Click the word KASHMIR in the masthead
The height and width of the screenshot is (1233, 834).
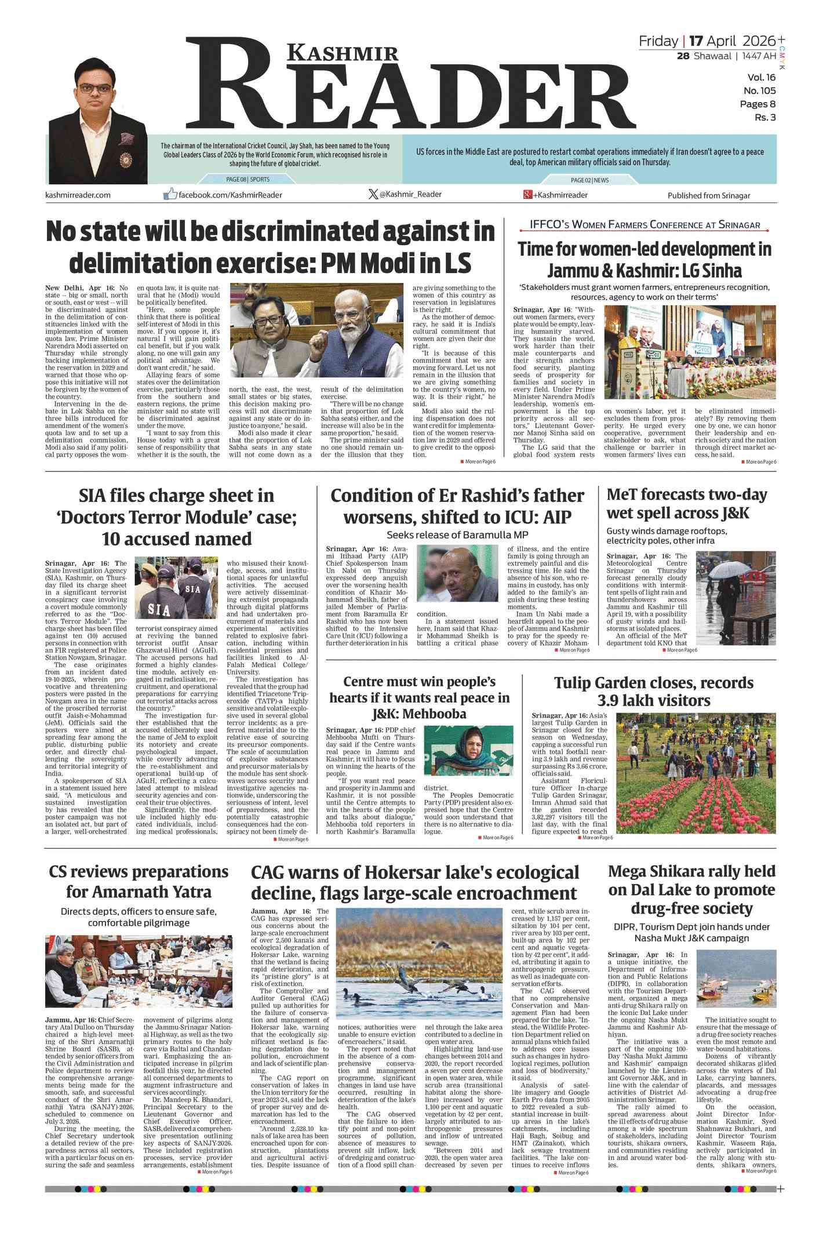343,53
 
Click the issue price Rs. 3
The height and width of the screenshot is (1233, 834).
764,118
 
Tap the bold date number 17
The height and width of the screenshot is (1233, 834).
695,41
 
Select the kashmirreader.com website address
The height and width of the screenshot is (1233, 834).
78,195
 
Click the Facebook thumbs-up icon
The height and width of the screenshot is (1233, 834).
170,194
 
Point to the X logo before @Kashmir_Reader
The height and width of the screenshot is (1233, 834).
373,194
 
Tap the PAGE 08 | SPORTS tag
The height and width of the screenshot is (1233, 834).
247,180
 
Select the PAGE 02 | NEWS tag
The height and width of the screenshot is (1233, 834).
589,180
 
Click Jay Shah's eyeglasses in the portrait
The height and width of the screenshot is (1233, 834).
95,89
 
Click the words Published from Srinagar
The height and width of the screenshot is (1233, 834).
708,195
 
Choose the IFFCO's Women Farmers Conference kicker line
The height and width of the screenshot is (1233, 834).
644,225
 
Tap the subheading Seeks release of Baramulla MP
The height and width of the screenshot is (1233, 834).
457,535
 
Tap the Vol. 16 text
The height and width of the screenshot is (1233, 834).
761,78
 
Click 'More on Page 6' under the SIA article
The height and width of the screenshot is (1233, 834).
292,839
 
